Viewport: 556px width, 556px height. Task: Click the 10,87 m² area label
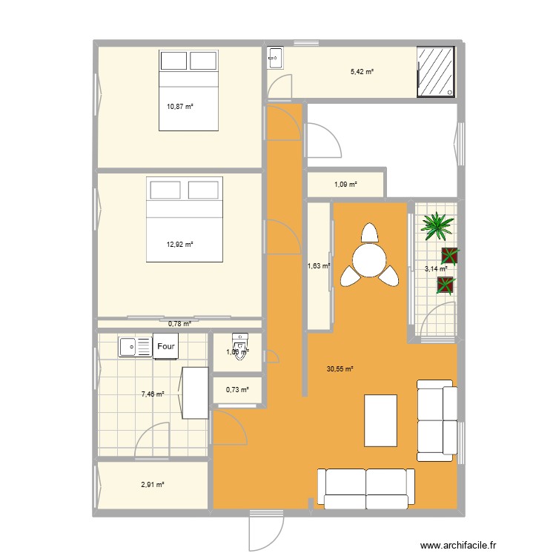(179, 107)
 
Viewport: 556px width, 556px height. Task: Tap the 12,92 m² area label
(179, 244)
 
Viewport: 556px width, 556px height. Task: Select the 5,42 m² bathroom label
(362, 72)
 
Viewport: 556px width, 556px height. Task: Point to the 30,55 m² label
(340, 368)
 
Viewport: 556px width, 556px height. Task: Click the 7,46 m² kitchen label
(152, 394)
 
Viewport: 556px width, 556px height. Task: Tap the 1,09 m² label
(345, 184)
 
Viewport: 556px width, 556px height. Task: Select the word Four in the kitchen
(165, 346)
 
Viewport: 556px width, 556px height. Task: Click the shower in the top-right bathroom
(437, 72)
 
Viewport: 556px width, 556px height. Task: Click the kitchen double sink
(135, 345)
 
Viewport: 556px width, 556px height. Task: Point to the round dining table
(369, 259)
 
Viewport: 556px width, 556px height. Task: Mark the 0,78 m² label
(179, 323)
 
